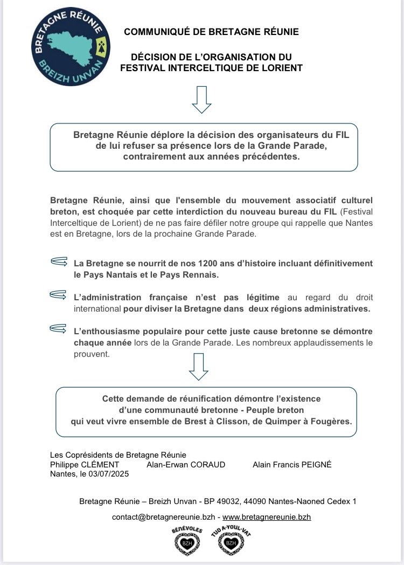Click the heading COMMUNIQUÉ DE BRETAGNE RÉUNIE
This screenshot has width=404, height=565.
click(x=211, y=32)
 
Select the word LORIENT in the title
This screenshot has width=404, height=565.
click(x=281, y=68)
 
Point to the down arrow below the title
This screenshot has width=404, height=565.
click(x=201, y=100)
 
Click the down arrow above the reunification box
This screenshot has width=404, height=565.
click(x=199, y=367)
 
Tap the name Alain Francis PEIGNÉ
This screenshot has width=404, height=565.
click(x=292, y=464)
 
